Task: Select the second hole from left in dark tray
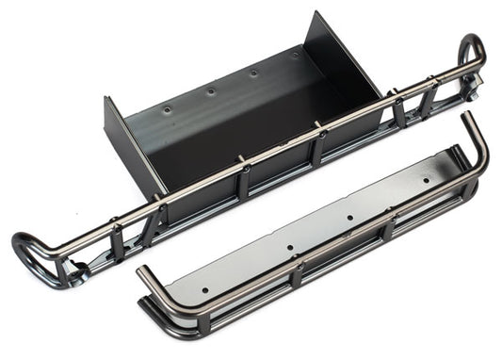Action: coord(210,91)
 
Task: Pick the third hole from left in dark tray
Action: coord(252,73)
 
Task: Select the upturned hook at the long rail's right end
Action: coord(470,52)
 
